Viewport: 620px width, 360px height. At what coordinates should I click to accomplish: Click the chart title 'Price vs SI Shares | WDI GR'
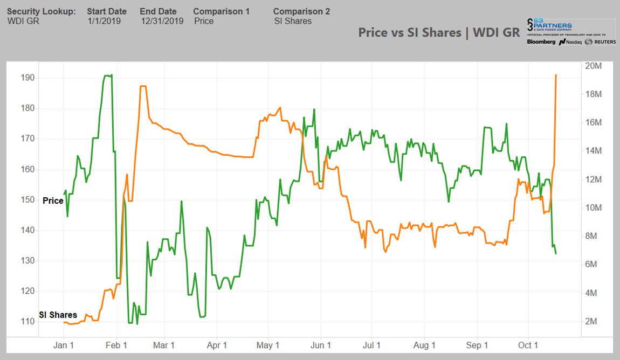point(439,32)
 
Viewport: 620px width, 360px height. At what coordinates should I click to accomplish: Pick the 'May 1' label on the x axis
point(268,345)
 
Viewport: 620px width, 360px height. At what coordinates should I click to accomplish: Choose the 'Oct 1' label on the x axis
point(528,345)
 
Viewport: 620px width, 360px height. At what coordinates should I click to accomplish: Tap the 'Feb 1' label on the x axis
point(116,345)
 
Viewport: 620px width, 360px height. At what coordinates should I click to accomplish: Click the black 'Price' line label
point(53,200)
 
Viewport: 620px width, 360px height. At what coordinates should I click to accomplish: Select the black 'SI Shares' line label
point(58,315)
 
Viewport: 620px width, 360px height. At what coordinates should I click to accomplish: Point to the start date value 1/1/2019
point(104,21)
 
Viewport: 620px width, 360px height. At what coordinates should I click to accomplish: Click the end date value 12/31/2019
point(162,21)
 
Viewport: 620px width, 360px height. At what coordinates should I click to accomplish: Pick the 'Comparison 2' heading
point(301,11)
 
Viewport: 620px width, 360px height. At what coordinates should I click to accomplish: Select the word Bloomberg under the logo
point(541,41)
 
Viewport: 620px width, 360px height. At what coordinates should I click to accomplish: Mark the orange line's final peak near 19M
point(556,75)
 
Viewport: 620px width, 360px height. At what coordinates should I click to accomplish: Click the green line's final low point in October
point(556,253)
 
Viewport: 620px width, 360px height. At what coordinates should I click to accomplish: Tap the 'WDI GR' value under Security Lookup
point(23,21)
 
